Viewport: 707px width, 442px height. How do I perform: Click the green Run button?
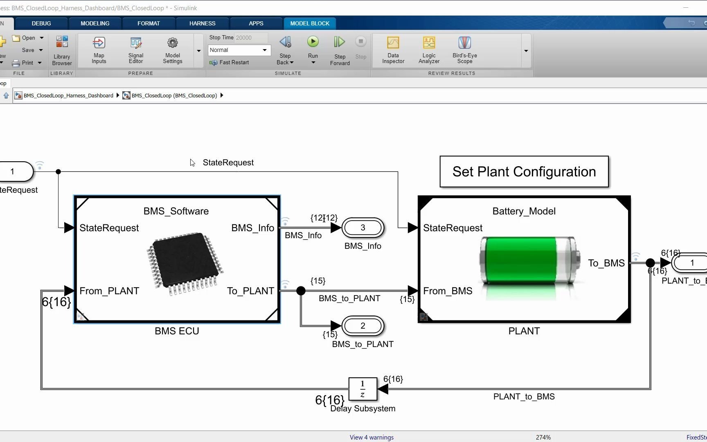(x=313, y=42)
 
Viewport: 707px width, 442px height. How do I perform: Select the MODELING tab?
(x=95, y=23)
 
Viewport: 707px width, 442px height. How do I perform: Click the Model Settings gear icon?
(x=172, y=43)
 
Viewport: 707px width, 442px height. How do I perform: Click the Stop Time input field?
(x=251, y=38)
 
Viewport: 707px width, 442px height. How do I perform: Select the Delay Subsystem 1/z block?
(x=363, y=389)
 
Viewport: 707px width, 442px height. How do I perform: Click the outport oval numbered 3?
(x=363, y=228)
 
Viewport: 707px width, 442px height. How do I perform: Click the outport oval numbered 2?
(x=363, y=326)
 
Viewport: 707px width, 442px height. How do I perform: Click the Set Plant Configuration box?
(x=524, y=171)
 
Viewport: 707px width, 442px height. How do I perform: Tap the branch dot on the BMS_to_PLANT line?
(x=301, y=291)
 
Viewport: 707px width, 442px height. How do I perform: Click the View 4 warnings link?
(x=372, y=437)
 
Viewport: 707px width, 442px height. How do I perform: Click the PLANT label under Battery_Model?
(x=524, y=331)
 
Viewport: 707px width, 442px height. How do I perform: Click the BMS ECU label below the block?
(x=177, y=331)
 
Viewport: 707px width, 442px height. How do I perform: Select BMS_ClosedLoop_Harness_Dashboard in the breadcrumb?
(x=68, y=95)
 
